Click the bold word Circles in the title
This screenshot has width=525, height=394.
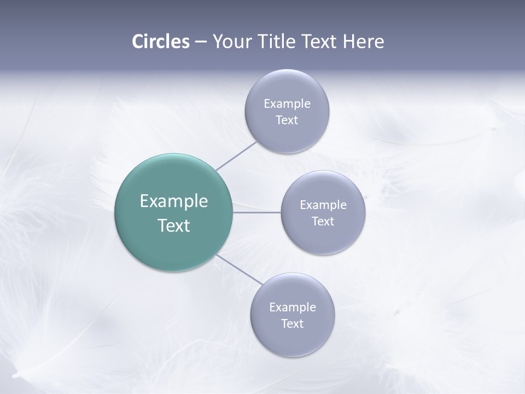point(161,42)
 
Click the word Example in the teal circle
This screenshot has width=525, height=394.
point(174,201)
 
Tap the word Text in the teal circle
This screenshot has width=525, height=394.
point(174,225)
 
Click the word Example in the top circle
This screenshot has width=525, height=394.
point(287,104)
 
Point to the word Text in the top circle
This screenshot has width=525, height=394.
point(287,120)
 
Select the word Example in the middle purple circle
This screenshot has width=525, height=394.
point(323,205)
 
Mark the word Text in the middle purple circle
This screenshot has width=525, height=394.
point(323,222)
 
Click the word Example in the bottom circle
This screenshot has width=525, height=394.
point(293,308)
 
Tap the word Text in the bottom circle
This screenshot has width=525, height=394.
point(292,324)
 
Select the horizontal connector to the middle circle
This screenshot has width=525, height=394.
point(257,212)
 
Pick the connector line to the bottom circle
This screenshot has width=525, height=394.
point(240,269)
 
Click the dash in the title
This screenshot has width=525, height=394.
point(201,42)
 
